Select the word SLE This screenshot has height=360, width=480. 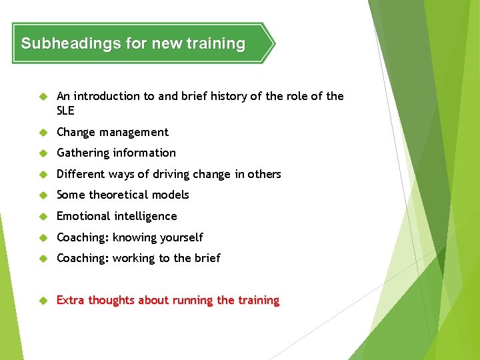65,111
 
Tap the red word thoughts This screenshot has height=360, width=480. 112,300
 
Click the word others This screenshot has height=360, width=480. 265,174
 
